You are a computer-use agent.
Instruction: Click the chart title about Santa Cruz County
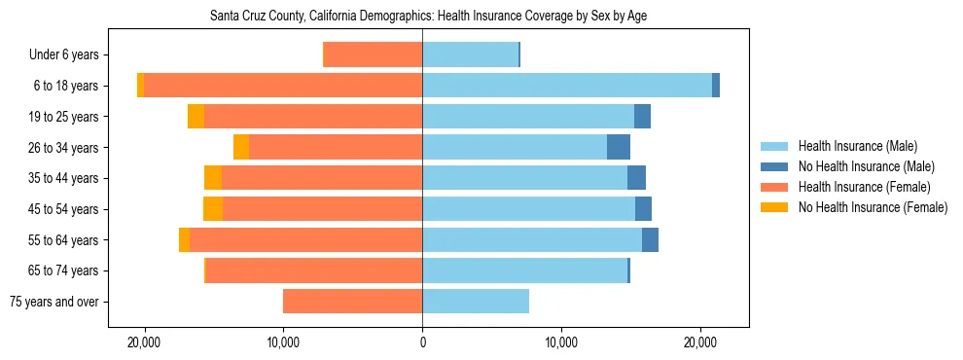click(428, 17)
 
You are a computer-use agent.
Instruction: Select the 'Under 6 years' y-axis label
click(69, 54)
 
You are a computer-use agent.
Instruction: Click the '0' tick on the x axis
click(422, 343)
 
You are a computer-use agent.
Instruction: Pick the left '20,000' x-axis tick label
click(144, 343)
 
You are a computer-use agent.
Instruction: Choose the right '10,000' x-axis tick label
click(561, 343)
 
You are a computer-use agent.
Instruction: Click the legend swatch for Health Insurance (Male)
click(774, 146)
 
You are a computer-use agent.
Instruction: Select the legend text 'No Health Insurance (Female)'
click(873, 207)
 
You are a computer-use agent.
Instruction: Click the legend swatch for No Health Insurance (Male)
click(774, 166)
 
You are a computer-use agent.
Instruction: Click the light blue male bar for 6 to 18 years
click(567, 86)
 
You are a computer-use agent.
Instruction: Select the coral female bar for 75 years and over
click(352, 302)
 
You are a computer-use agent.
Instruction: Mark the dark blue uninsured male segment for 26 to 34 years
click(619, 147)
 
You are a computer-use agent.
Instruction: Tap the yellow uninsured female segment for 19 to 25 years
click(196, 117)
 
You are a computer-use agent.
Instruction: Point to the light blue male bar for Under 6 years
click(470, 54)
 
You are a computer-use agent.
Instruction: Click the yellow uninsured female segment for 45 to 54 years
click(213, 209)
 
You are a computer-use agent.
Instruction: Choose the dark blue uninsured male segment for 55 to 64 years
click(650, 239)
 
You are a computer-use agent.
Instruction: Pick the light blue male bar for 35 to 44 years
click(524, 178)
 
